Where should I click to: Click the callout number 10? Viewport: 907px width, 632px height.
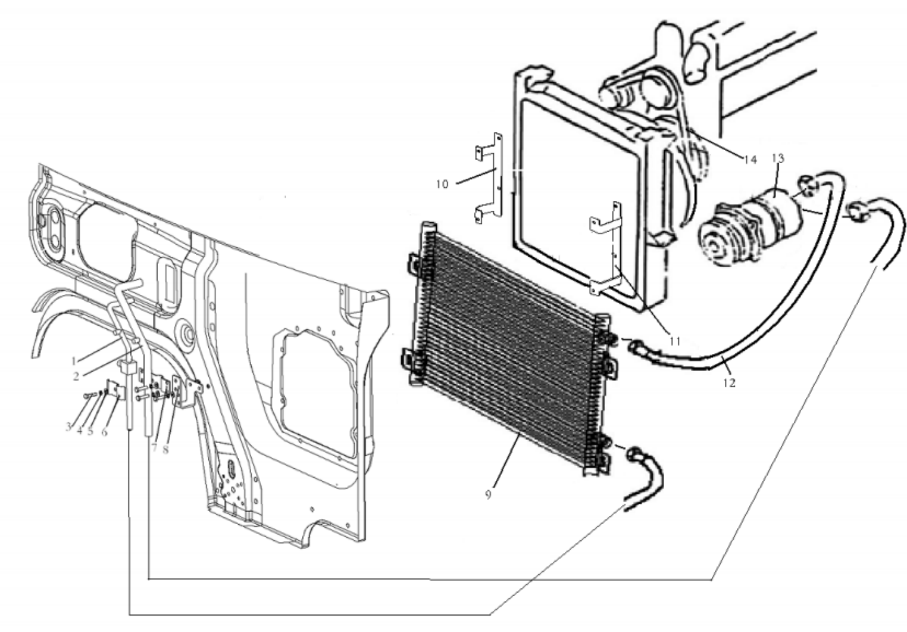pos(442,185)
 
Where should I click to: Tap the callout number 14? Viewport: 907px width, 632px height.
pos(750,160)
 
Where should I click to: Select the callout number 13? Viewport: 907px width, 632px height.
pos(778,158)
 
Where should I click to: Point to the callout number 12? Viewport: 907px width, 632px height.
pos(729,383)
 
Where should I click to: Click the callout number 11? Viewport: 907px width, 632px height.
pos(675,342)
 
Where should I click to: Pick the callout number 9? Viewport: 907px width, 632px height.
pos(488,495)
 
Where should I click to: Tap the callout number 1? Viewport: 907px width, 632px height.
pos(74,361)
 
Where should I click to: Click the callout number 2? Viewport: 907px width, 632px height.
pos(76,377)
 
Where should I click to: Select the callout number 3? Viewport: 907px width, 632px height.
pos(68,426)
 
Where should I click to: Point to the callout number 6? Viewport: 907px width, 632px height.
pos(104,432)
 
